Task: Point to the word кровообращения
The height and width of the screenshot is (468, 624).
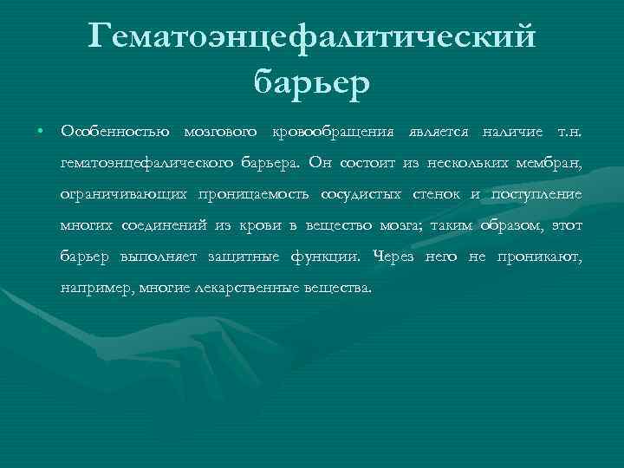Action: pyautogui.click(x=336, y=131)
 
